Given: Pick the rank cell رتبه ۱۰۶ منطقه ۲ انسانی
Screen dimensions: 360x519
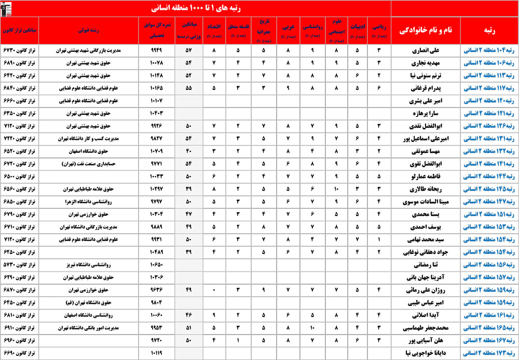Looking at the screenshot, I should pyautogui.click(x=489, y=62).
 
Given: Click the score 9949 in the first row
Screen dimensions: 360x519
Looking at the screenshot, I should pyautogui.click(x=157, y=50).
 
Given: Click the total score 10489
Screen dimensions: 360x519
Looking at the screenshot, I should pyautogui.click(x=157, y=252).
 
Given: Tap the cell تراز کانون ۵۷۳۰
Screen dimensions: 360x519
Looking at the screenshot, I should pyautogui.click(x=19, y=264).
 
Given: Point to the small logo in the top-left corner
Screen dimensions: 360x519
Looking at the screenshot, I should pyautogui.click(x=10, y=8).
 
